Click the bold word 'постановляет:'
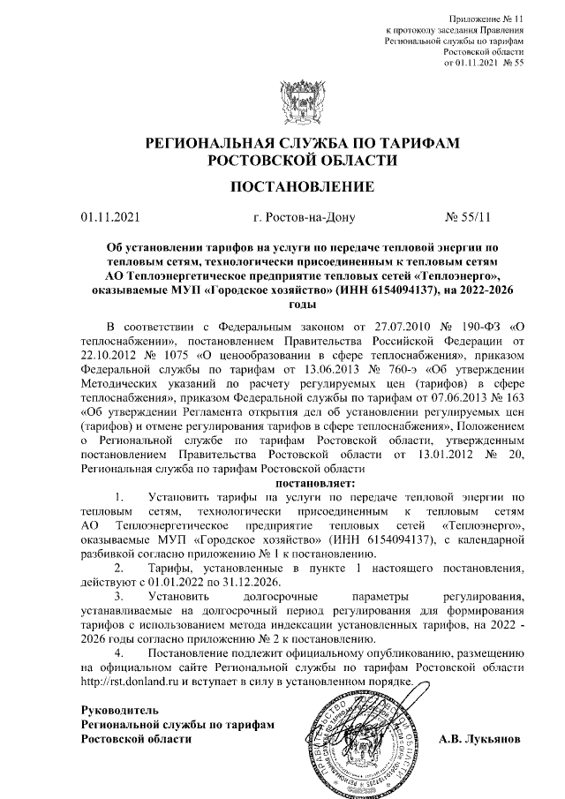coord(315,483)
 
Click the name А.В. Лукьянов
coord(480,737)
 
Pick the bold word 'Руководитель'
coord(119,710)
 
